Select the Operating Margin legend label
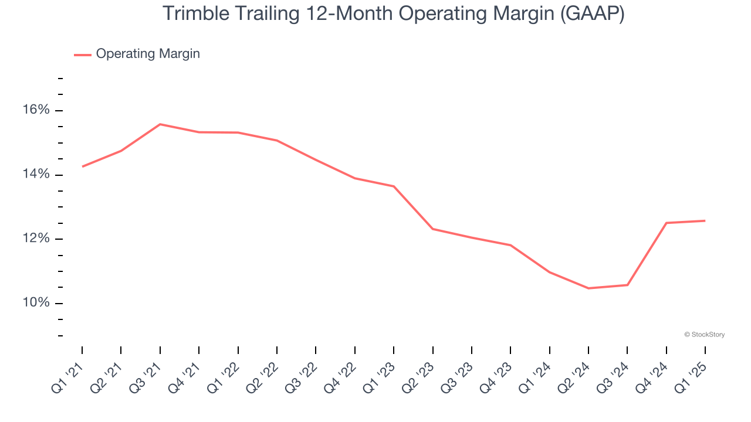(x=148, y=54)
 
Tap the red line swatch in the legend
(x=82, y=55)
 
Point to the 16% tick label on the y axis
(x=36, y=110)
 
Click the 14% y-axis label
(x=36, y=175)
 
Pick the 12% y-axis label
(x=36, y=239)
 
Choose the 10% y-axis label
(x=36, y=303)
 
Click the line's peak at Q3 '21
(x=160, y=124)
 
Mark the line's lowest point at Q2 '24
(x=588, y=288)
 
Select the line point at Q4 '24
(x=667, y=223)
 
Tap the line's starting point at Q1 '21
(x=82, y=166)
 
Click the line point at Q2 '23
(x=433, y=229)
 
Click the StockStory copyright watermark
(x=704, y=335)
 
